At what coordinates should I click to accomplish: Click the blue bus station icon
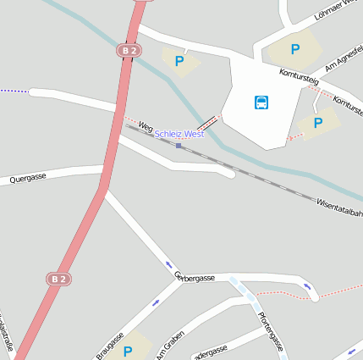pyautogui.click(x=262, y=102)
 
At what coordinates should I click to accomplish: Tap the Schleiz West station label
pyautogui.click(x=179, y=134)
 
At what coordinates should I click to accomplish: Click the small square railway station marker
pyautogui.click(x=179, y=146)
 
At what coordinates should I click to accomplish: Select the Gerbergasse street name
pyautogui.click(x=195, y=277)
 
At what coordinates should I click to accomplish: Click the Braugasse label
pyautogui.click(x=109, y=346)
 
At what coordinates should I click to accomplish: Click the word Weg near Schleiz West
pyautogui.click(x=145, y=127)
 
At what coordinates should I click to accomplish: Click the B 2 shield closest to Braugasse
pyautogui.click(x=58, y=278)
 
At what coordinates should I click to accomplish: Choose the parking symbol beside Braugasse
pyautogui.click(x=128, y=352)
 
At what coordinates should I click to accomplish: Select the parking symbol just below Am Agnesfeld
pyautogui.click(x=318, y=123)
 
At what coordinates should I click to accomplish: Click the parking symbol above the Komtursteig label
pyautogui.click(x=295, y=49)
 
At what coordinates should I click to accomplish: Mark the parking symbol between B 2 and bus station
pyautogui.click(x=179, y=61)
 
